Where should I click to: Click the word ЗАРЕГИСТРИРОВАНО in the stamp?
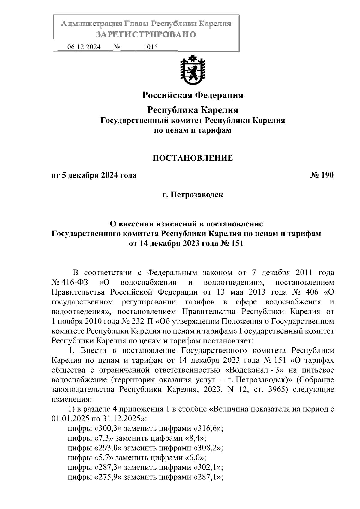146,34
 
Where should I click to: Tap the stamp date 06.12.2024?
84,47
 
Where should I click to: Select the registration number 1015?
151,47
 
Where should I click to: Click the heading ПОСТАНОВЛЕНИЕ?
193,158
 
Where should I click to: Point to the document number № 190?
322,175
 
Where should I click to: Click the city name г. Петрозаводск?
193,195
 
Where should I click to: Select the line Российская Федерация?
193,95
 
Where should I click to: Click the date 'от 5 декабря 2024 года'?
94,175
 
